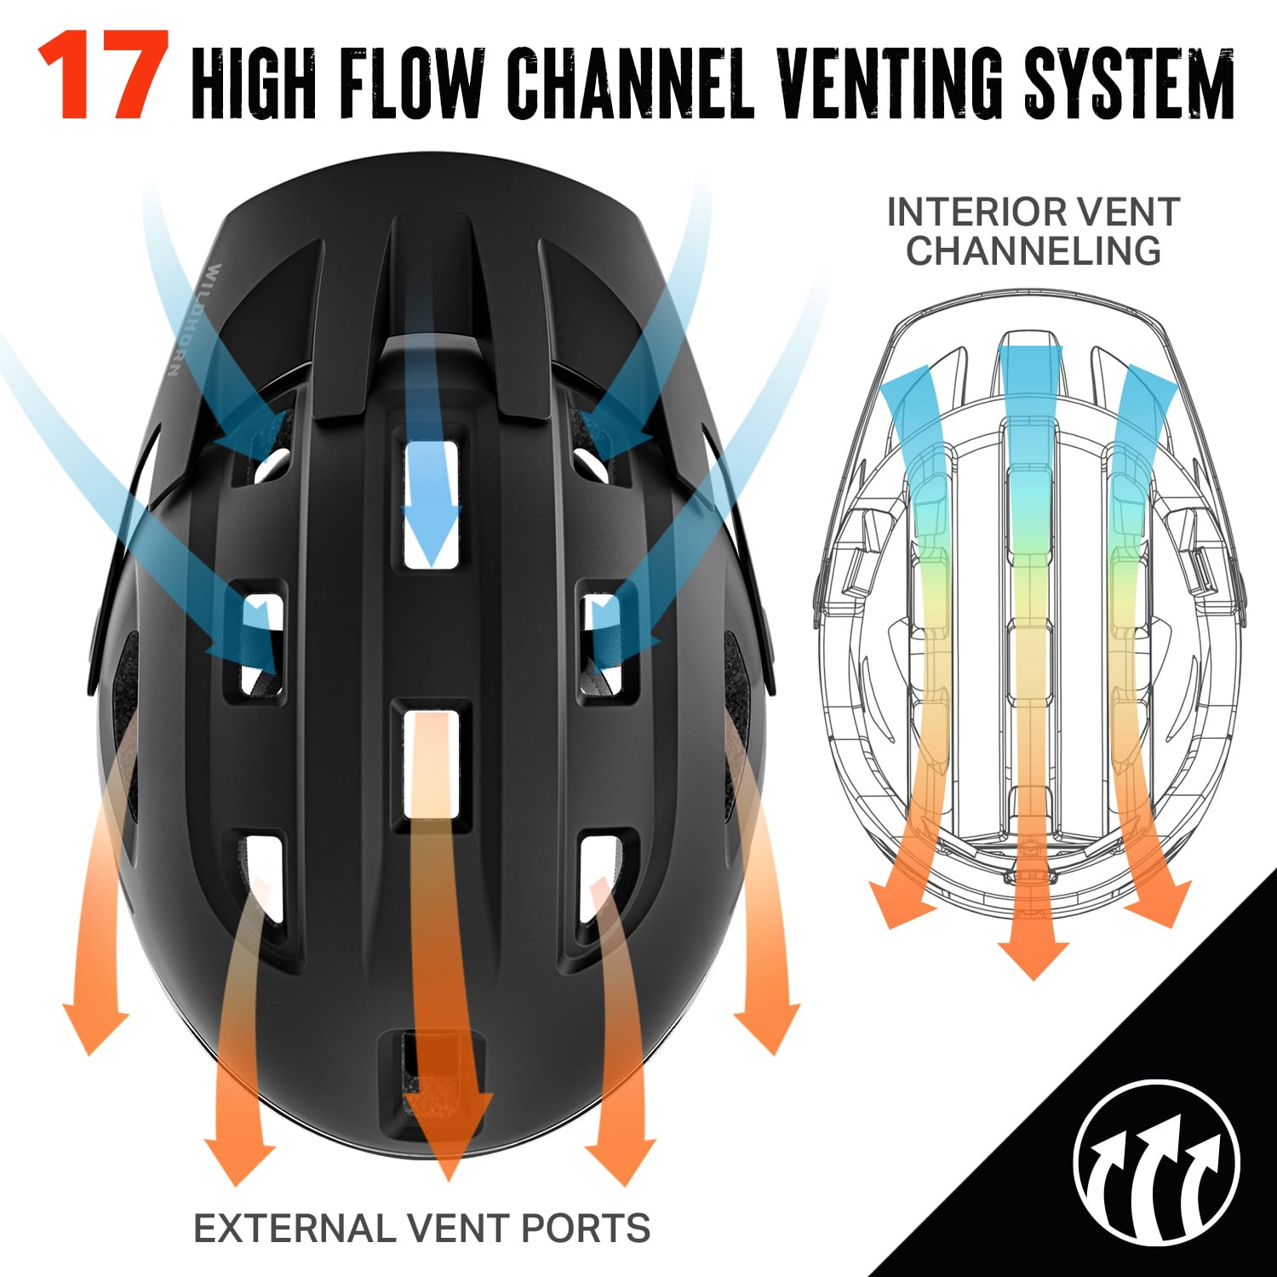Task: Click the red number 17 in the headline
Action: coord(103,75)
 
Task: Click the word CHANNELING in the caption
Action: coord(1034,251)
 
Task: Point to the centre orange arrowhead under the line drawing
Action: coord(1033,950)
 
